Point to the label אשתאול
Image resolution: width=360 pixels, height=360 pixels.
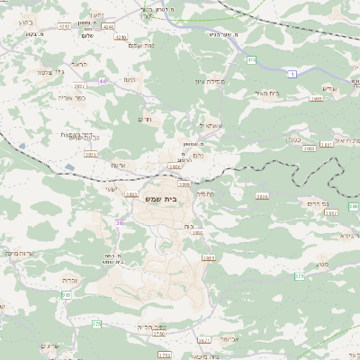(210, 127)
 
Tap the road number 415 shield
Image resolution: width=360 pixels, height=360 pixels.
(252, 59)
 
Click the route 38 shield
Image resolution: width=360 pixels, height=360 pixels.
(119, 220)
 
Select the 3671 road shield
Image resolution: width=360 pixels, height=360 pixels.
(202, 340)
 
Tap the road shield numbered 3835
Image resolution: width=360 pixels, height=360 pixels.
(91, 155)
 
